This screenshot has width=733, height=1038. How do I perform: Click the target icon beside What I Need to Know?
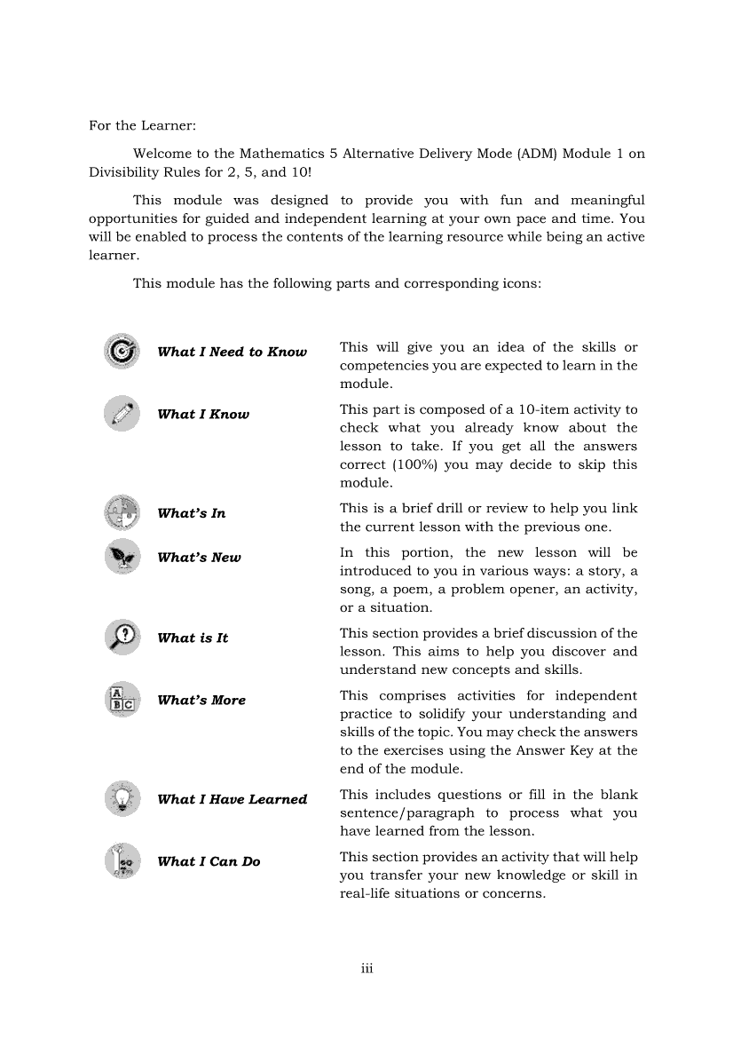pos(122,352)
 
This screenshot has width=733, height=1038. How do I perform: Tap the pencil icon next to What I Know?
pos(122,414)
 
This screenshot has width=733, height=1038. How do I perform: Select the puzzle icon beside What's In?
pos(122,513)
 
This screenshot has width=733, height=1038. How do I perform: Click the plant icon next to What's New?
pos(122,557)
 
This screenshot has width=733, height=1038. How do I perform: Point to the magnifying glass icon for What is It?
pos(122,638)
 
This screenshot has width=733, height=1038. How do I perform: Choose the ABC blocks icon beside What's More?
pos(122,700)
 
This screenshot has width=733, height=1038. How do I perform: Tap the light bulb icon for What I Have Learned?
pos(122,798)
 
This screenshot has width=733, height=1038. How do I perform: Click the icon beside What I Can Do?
pos(122,860)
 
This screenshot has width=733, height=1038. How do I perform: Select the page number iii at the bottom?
pos(366,969)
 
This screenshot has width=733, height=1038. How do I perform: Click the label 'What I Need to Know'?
pos(232,353)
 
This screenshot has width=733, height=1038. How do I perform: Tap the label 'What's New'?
pos(199,558)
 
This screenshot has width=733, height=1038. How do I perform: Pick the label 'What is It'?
pos(193,638)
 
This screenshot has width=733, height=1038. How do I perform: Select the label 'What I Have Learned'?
pos(232,799)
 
